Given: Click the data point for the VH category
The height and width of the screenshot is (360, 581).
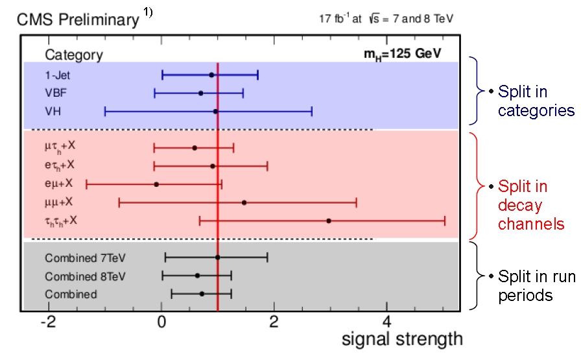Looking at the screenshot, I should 216,112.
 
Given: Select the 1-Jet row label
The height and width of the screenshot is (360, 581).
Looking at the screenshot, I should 57,75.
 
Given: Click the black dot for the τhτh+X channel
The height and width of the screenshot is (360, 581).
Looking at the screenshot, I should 329,221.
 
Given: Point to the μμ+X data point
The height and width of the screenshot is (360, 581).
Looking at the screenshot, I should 244,202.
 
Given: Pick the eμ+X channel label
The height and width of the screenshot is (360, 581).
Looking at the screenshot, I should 59,184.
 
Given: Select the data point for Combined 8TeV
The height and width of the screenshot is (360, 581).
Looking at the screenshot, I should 197,276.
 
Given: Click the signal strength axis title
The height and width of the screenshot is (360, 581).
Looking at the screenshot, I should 402,339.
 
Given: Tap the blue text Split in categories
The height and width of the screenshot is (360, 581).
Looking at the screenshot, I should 536,102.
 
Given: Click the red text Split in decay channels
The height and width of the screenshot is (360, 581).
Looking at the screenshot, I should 530,206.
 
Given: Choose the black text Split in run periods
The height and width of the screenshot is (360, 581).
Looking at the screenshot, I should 536,286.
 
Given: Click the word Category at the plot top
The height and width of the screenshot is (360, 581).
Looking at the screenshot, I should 73,55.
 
